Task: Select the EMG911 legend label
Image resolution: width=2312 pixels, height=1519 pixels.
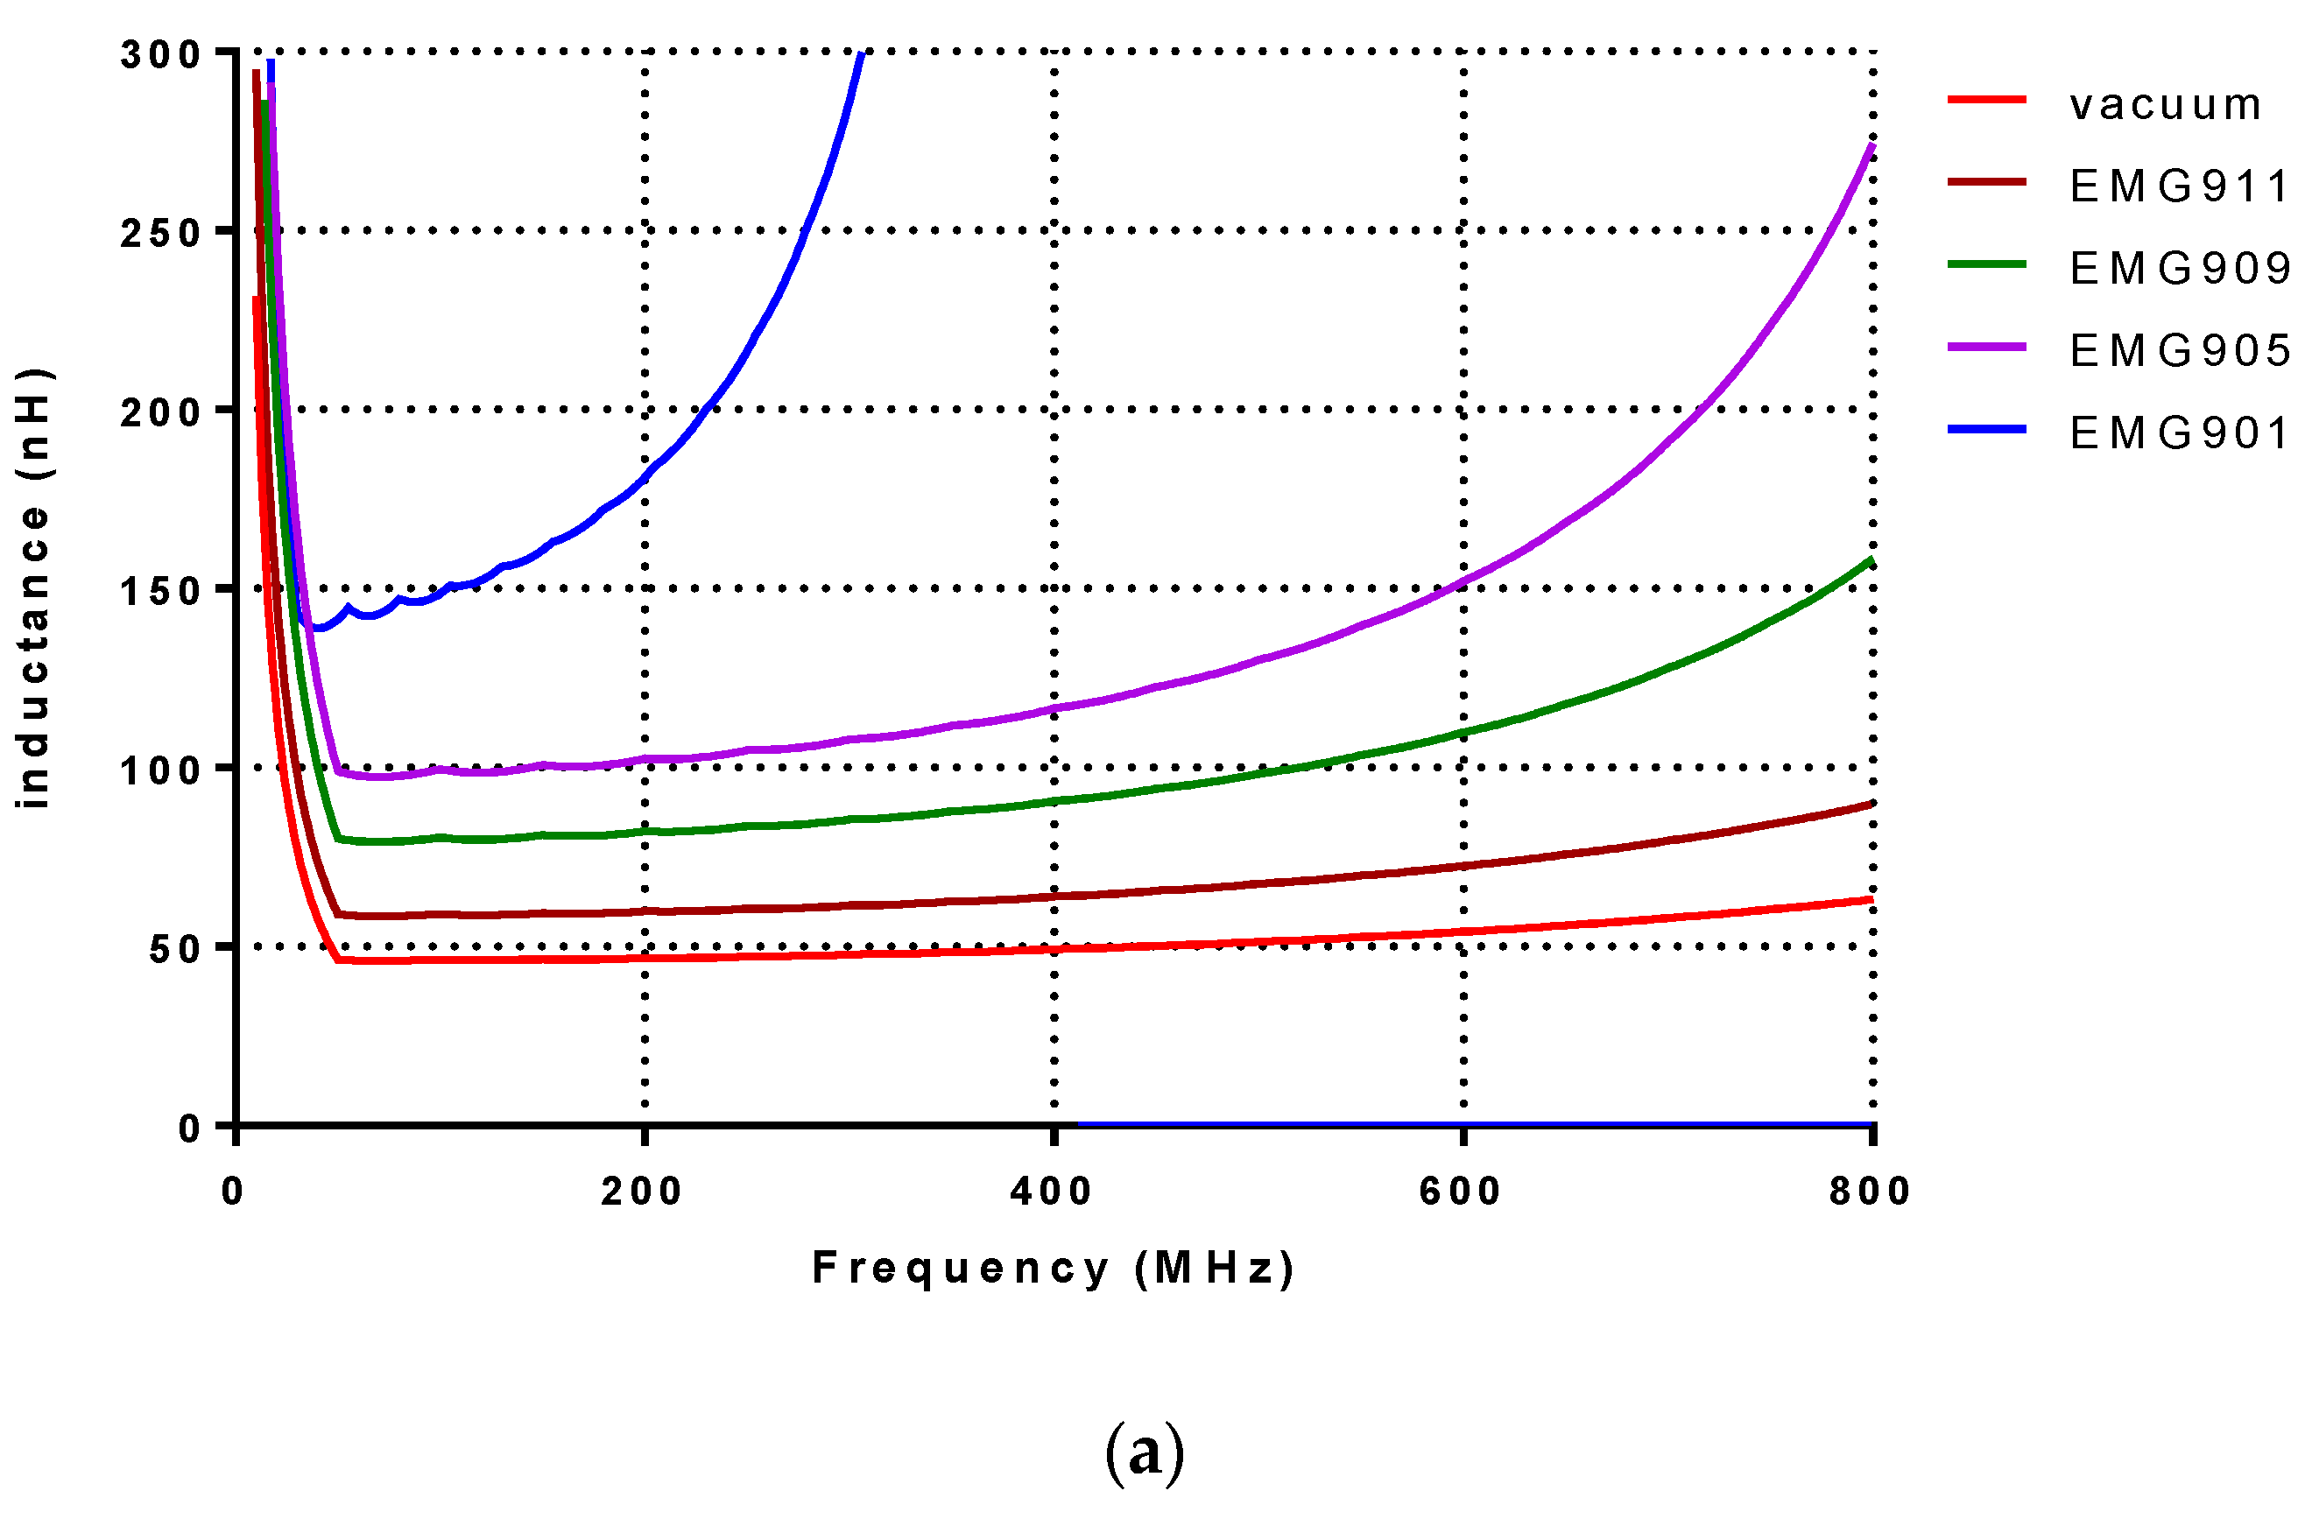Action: tap(2178, 186)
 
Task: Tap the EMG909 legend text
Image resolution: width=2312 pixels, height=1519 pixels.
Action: tap(2178, 269)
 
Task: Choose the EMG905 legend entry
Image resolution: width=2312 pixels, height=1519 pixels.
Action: tap(2178, 350)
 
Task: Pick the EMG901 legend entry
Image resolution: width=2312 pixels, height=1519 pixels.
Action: tap(2178, 433)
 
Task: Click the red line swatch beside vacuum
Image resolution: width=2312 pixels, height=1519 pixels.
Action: tap(1986, 100)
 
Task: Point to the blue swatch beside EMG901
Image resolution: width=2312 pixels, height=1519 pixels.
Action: tap(1986, 428)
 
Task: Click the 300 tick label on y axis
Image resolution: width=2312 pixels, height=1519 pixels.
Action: tap(160, 54)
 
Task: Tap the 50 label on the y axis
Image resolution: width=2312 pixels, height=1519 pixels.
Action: tap(175, 950)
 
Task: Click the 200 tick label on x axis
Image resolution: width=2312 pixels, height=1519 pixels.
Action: tap(641, 1192)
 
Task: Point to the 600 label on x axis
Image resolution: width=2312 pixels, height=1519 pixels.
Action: tap(1460, 1192)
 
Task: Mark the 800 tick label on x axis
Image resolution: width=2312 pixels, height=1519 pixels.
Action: tap(1869, 1192)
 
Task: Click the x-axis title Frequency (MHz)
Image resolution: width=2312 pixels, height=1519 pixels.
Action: tap(1053, 1269)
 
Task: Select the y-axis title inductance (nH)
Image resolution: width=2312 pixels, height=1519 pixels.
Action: tap(34, 587)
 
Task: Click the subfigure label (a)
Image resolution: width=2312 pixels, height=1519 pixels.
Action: tap(1145, 1453)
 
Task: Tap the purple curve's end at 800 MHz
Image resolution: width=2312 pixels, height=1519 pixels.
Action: tap(1870, 145)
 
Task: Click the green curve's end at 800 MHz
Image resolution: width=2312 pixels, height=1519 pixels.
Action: tap(1870, 560)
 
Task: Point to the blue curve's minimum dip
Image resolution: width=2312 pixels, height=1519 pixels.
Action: tap(318, 628)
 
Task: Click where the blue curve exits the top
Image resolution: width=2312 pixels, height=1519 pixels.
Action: tap(861, 54)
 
